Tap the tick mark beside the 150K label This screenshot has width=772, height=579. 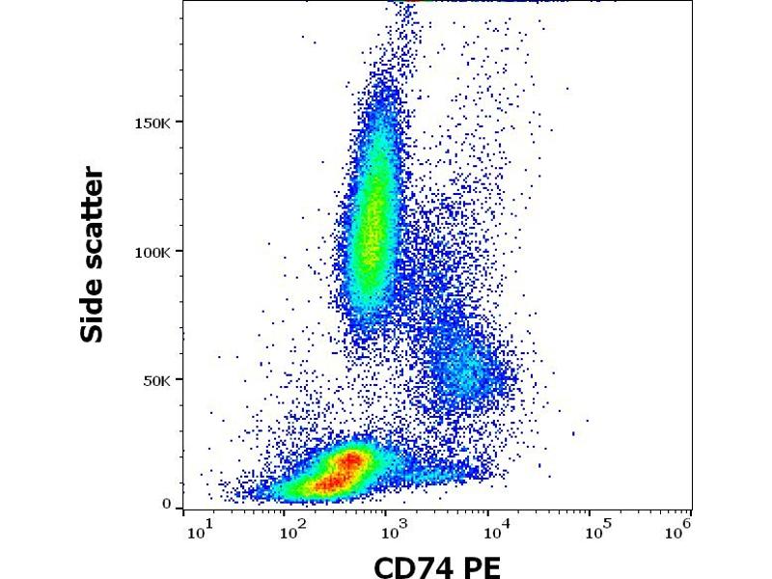[x=180, y=123]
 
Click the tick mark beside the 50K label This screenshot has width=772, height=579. [x=180, y=380]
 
